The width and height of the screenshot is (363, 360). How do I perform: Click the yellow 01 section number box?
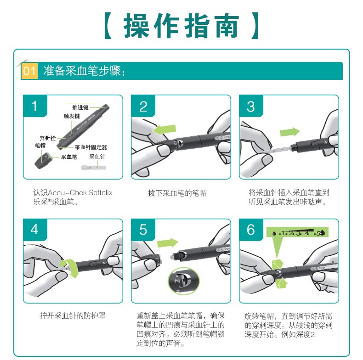point(29,71)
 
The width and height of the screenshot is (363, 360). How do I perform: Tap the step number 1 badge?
point(35,106)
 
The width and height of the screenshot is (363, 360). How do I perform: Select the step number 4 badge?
point(35,230)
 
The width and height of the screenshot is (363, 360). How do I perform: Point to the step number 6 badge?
point(251,230)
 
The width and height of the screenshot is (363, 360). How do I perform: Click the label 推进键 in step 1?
point(80,107)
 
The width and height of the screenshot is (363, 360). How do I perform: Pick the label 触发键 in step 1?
point(72,116)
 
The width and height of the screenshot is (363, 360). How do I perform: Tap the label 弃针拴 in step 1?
point(47,138)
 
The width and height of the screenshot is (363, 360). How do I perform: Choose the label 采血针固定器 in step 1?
point(91,147)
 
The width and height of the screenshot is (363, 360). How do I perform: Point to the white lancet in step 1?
point(94,167)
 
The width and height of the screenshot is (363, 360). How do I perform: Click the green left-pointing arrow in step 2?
point(164,130)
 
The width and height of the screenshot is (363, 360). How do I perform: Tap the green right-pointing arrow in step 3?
point(289,132)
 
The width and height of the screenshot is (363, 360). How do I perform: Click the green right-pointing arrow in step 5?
point(167,243)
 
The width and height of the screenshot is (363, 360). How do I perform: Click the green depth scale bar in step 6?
point(297,232)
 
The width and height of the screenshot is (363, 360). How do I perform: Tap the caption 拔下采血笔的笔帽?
point(177,193)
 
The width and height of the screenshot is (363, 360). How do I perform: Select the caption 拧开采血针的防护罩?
point(73,315)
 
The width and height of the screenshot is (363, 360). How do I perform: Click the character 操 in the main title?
point(136,25)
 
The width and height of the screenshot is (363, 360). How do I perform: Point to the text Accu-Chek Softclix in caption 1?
point(80,192)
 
